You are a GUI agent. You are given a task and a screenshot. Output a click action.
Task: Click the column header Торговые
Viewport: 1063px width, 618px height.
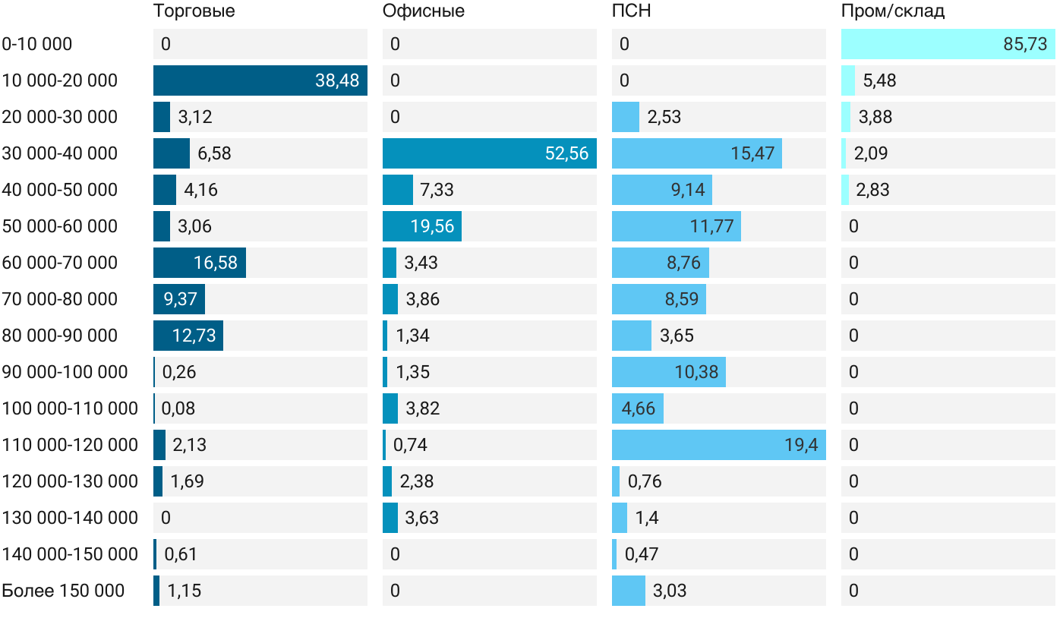(x=194, y=11)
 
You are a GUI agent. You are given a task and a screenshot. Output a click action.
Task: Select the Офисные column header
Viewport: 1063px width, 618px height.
(x=424, y=11)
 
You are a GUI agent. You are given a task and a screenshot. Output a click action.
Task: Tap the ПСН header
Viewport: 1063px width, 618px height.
(x=632, y=11)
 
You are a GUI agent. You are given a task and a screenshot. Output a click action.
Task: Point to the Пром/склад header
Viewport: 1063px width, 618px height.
(x=893, y=11)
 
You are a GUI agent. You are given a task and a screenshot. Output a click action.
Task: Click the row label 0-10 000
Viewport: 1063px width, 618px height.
(x=37, y=44)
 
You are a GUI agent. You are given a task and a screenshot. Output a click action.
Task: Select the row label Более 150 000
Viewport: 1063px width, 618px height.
(x=63, y=591)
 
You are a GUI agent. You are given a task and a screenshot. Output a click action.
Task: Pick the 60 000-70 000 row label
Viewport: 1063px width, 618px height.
(x=60, y=263)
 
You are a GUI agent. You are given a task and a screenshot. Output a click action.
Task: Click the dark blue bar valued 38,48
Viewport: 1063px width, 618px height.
(x=260, y=80)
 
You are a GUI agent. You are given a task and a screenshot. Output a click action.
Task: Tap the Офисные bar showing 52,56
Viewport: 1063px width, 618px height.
(x=489, y=153)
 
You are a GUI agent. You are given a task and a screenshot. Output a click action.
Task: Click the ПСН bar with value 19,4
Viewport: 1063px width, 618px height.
(x=718, y=445)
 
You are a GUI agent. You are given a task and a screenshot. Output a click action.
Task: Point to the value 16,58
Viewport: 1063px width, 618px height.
(x=216, y=263)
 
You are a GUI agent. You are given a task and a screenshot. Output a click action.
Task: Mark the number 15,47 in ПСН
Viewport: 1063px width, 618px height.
(x=752, y=153)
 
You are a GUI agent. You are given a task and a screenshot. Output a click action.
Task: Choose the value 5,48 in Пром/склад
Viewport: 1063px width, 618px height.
(x=879, y=80)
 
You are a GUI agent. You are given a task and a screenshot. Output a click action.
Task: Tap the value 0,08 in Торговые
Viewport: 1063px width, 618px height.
(x=178, y=408)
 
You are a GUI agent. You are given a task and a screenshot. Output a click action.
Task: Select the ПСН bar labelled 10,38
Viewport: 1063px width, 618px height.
(x=668, y=372)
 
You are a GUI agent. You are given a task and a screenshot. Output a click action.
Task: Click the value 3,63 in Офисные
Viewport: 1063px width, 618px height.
(x=421, y=518)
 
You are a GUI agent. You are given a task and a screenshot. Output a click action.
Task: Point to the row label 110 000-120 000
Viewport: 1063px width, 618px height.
(x=70, y=445)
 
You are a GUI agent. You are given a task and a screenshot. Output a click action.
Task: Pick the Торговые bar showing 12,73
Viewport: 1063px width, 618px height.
(x=188, y=336)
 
